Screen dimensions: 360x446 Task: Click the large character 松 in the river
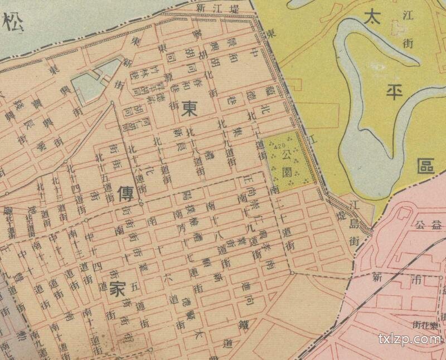[12, 25]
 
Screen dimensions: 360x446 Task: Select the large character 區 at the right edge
[427, 166]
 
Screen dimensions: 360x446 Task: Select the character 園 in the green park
[288, 169]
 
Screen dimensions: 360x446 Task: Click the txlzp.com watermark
[409, 338]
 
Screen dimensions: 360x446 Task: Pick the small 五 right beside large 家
[134, 288]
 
